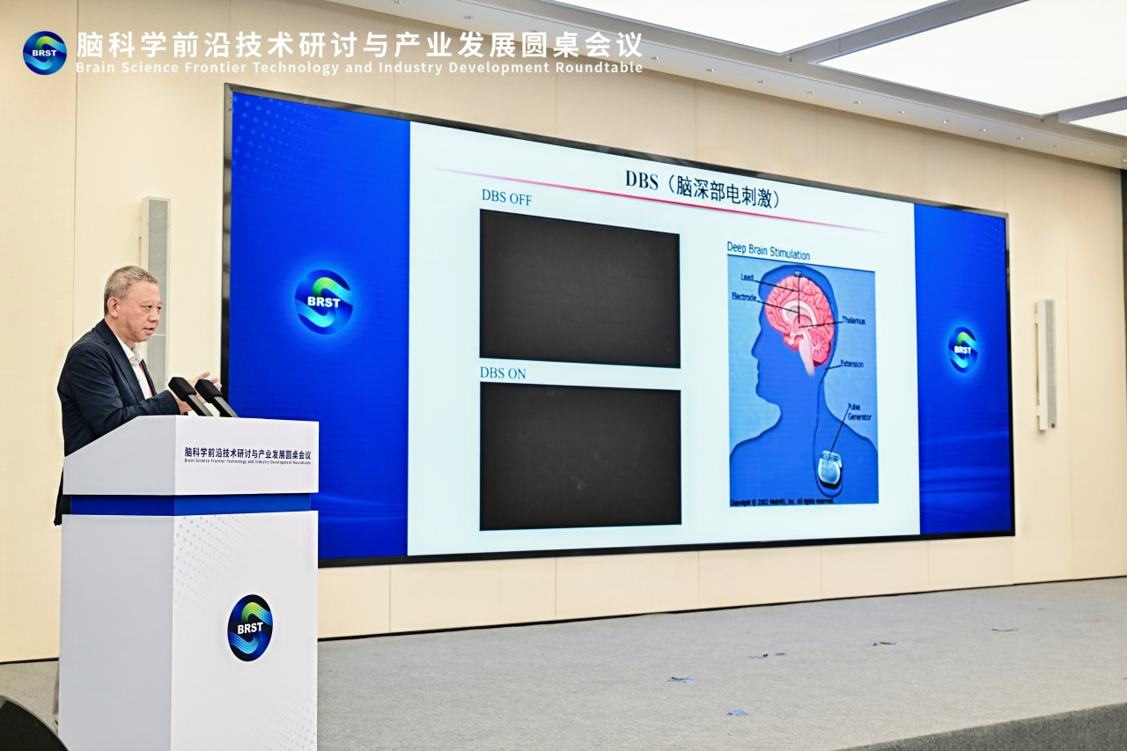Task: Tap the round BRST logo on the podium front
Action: pyautogui.click(x=250, y=628)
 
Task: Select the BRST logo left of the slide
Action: pyautogui.click(x=323, y=301)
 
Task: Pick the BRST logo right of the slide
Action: pyautogui.click(x=962, y=349)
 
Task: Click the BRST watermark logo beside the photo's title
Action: pyautogui.click(x=44, y=53)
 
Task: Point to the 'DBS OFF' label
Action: pyautogui.click(x=506, y=196)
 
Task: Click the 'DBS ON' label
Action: pyautogui.click(x=503, y=372)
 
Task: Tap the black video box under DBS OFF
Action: pyautogui.click(x=579, y=288)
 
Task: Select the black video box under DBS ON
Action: pyautogui.click(x=580, y=456)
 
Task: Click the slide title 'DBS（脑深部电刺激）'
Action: pyautogui.click(x=703, y=186)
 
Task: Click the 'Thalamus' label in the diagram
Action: pyautogui.click(x=853, y=320)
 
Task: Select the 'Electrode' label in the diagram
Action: pyautogui.click(x=744, y=298)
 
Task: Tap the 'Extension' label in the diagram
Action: pyautogui.click(x=851, y=363)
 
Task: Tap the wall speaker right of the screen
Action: pyautogui.click(x=1045, y=364)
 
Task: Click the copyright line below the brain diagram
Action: pyautogui.click(x=782, y=502)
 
